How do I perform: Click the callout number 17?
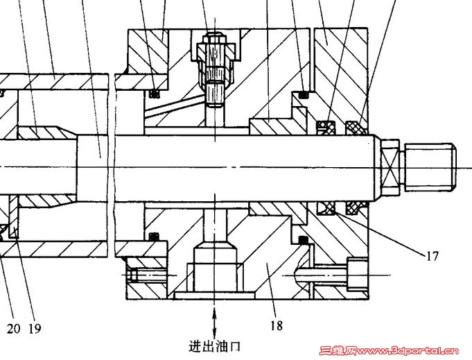432,256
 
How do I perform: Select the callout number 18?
277,325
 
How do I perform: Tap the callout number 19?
35,328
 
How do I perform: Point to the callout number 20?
14,328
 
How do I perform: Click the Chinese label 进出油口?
215,346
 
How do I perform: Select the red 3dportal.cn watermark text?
389,351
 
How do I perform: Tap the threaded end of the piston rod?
430,167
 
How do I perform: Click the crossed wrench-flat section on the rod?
390,167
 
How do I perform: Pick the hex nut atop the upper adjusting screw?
215,39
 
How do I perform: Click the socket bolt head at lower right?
357,274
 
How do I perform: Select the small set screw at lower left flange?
132,275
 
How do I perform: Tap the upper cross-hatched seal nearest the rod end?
356,128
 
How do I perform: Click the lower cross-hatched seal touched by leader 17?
326,208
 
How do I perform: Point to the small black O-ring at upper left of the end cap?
155,94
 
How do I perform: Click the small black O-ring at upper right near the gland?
304,94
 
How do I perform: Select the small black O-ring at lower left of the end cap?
155,237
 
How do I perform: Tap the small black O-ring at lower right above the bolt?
304,240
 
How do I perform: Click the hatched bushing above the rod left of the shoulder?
45,132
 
